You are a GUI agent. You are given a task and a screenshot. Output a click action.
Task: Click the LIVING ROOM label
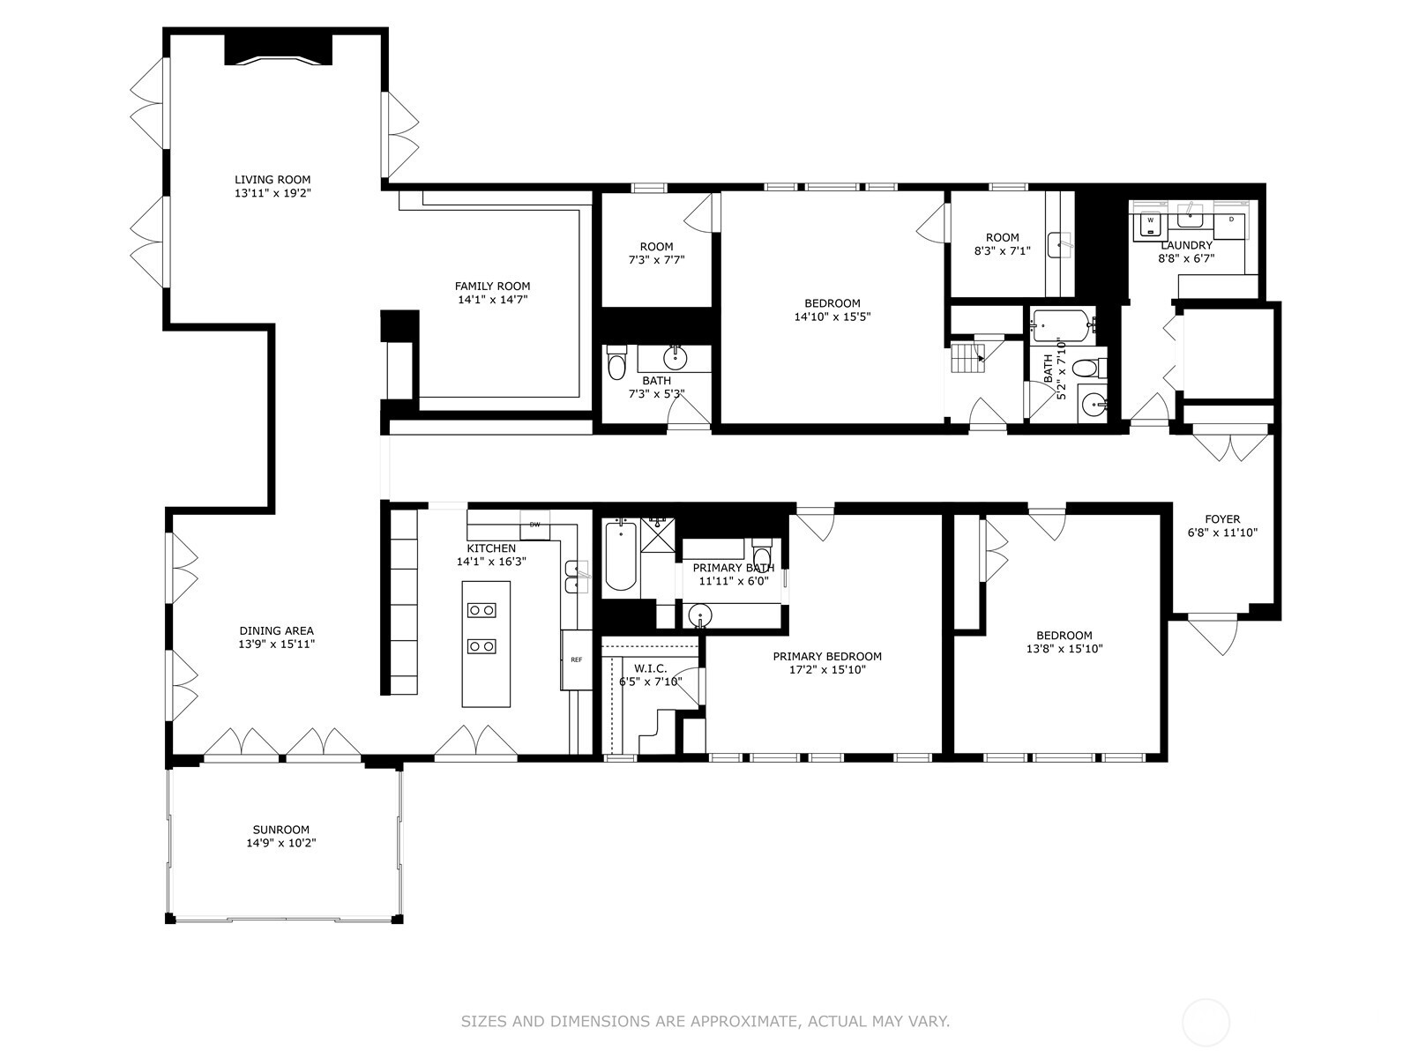click(272, 180)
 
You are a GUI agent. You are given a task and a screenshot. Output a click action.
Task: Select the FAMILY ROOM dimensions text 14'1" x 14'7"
click(492, 300)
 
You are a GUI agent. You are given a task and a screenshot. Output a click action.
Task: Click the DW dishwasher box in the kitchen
click(534, 525)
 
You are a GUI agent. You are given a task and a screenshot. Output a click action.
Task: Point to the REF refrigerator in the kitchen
click(576, 659)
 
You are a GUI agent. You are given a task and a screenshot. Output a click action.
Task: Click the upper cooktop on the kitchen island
click(482, 609)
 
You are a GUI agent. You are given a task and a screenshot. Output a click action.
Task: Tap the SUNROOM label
click(280, 830)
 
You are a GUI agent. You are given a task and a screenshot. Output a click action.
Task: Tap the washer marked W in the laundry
click(1150, 225)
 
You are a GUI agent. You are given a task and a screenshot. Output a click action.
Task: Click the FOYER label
click(1221, 519)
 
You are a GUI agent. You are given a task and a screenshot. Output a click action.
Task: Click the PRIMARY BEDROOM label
click(826, 656)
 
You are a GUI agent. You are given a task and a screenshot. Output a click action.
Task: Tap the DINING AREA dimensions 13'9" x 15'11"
click(276, 644)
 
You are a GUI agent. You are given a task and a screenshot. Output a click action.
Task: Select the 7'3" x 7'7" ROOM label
click(656, 247)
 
